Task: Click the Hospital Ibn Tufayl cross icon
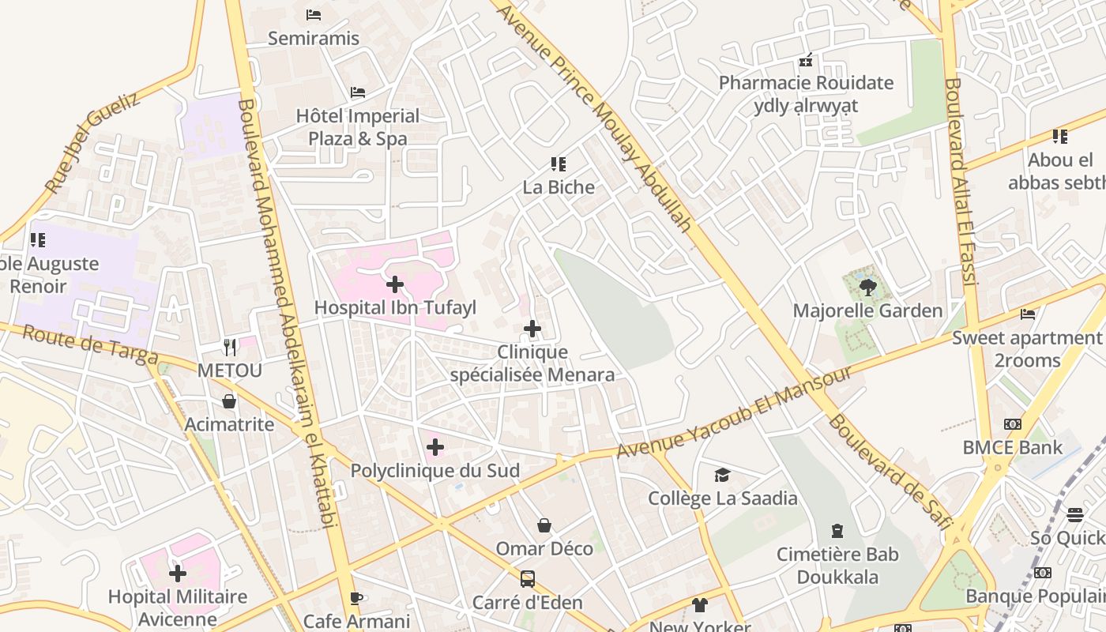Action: [x=395, y=284]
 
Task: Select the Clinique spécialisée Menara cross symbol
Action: [x=532, y=329]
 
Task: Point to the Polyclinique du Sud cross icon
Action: [x=434, y=448]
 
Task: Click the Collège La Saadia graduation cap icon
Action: [x=722, y=475]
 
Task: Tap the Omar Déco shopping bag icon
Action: [x=544, y=525]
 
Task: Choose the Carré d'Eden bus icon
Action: [x=527, y=579]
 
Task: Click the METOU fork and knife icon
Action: [x=229, y=347]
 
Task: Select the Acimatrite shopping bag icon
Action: [x=229, y=401]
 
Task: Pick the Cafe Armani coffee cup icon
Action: [x=356, y=598]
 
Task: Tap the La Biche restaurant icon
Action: [x=559, y=164]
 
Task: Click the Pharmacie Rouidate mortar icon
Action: [x=806, y=59]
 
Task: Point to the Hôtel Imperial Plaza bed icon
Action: [x=358, y=92]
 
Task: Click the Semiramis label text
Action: [x=314, y=38]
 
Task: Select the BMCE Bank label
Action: [x=1012, y=447]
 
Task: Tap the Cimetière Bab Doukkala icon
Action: [x=837, y=531]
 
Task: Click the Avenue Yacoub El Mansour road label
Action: [x=734, y=412]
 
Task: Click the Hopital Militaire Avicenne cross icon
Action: [x=178, y=573]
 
